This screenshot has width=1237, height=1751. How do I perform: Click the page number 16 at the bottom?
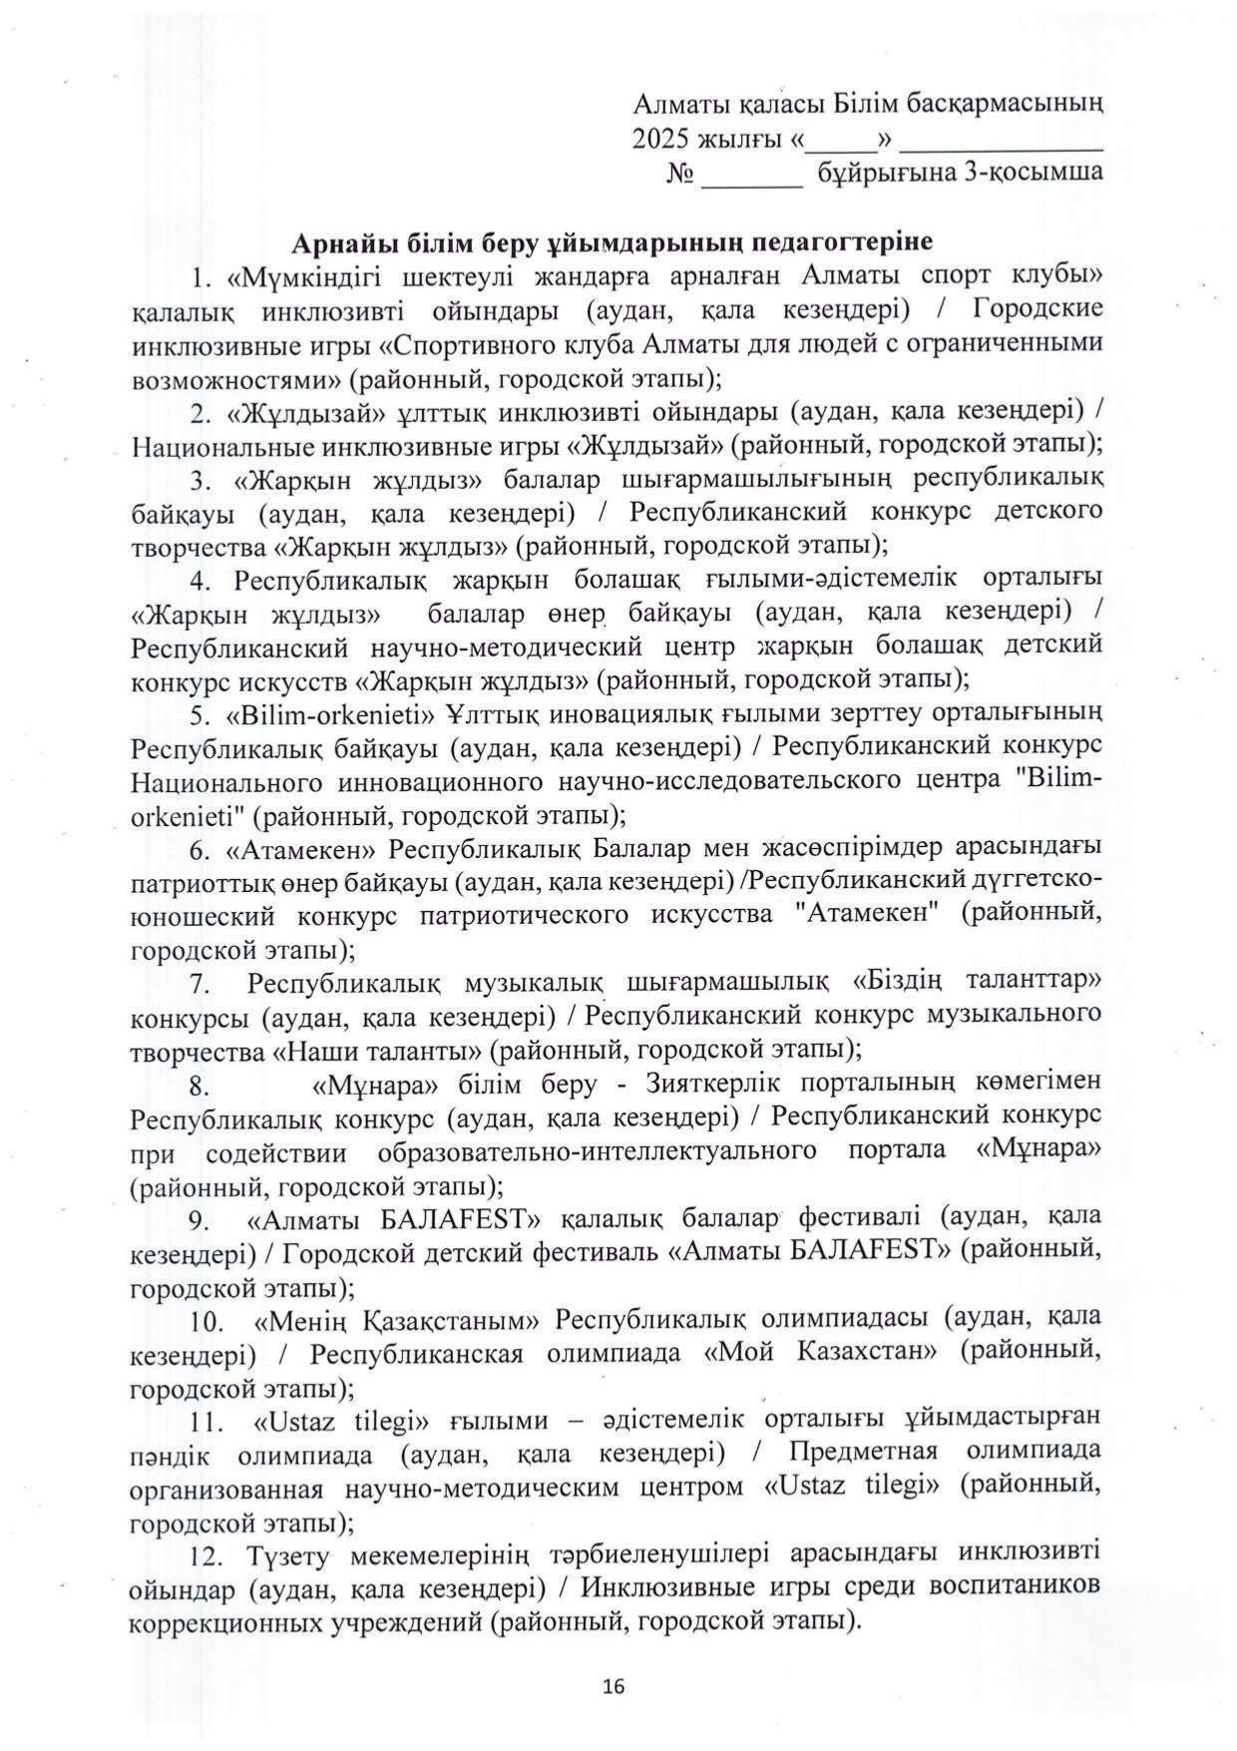pyautogui.click(x=614, y=1686)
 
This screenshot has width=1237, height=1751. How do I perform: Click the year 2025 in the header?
pyautogui.click(x=655, y=139)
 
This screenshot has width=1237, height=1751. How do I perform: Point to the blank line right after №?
pyautogui.click(x=751, y=176)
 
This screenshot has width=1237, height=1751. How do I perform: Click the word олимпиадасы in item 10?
pyautogui.click(x=846, y=1319)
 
